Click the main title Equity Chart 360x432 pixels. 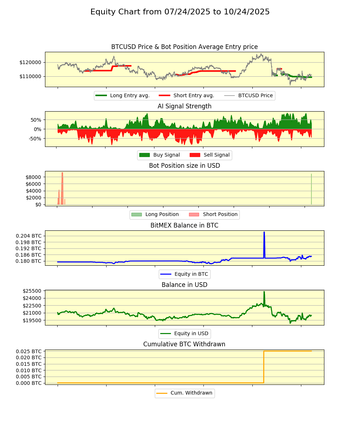180,12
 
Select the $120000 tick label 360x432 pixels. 31,62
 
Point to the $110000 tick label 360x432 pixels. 31,76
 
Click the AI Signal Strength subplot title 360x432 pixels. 184,106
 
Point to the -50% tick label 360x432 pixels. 35,139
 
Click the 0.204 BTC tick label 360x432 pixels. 28,236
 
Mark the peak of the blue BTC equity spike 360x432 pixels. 264,232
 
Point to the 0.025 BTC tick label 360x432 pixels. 28,351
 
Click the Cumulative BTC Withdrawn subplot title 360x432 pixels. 184,344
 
